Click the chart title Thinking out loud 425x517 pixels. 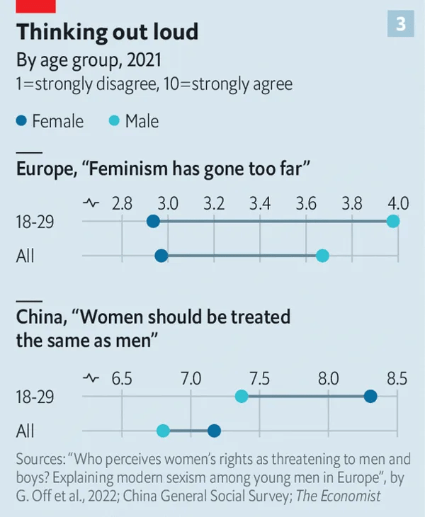coord(107,32)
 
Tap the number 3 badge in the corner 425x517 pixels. coord(400,25)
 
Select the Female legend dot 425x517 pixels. coord(22,121)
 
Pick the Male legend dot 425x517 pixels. coord(115,121)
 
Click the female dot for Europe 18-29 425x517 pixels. coord(153,222)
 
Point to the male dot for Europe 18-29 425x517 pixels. coord(393,222)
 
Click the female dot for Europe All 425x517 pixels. coord(161,255)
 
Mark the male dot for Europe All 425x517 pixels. coord(322,255)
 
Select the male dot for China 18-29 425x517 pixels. coord(242,396)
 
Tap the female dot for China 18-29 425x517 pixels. coord(370,396)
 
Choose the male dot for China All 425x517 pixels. coord(163,430)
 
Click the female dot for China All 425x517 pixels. coord(214,430)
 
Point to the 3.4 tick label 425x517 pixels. coord(260,204)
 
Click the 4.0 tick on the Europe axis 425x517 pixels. coord(398,204)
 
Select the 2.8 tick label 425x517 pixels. coord(122,204)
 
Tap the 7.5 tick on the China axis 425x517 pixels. coord(260,378)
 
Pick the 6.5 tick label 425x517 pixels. coord(122,378)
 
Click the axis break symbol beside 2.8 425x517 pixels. coord(91,204)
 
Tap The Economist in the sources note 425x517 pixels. coord(338,496)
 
